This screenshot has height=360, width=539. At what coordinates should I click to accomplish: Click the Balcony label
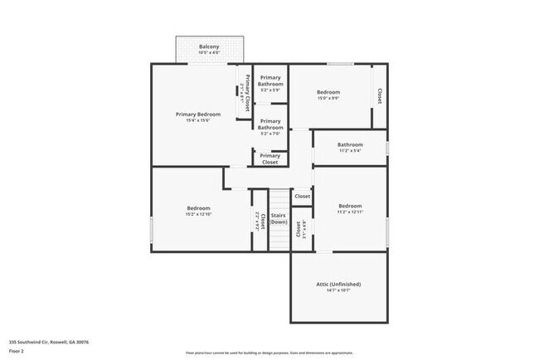209,46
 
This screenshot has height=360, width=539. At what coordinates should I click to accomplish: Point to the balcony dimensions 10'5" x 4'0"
209,53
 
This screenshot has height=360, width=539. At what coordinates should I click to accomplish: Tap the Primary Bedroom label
198,114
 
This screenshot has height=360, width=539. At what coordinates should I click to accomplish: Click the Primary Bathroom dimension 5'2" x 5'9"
270,90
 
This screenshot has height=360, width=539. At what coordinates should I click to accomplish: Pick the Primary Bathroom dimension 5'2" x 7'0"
270,134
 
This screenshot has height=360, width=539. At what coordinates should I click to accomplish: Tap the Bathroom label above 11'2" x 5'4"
350,144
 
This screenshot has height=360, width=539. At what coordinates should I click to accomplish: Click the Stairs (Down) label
279,219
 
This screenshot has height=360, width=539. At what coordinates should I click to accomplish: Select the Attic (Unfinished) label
338,284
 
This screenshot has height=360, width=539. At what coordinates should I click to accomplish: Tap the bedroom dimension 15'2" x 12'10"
198,215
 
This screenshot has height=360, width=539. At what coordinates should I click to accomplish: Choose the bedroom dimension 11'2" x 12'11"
350,212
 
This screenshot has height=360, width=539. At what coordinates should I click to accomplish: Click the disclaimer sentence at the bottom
269,353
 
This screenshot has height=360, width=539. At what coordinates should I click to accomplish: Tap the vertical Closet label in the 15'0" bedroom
380,96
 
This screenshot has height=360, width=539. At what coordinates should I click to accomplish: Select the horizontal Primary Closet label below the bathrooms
270,158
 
